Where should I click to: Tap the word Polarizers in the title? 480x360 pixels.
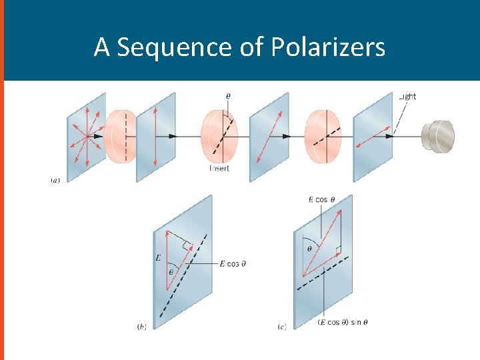pyautogui.click(x=328, y=48)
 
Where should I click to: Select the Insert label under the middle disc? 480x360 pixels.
pyautogui.click(x=219, y=169)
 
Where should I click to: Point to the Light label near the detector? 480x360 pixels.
pyautogui.click(x=407, y=97)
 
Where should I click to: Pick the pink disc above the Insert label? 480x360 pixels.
pyautogui.click(x=219, y=137)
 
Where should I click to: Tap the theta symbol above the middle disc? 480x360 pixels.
pyautogui.click(x=229, y=96)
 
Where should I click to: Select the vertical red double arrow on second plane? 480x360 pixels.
pyautogui.click(x=155, y=136)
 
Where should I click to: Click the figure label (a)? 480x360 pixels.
pyautogui.click(x=55, y=180)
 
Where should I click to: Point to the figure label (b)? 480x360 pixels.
pyautogui.click(x=141, y=327)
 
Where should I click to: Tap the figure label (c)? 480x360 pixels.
pyautogui.click(x=282, y=327)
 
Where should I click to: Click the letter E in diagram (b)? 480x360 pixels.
pyautogui.click(x=159, y=257)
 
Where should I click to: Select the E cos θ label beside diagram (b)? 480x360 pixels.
pyautogui.click(x=233, y=264)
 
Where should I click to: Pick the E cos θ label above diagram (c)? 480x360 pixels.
pyautogui.click(x=322, y=199)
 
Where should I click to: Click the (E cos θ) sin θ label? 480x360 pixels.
pyautogui.click(x=343, y=323)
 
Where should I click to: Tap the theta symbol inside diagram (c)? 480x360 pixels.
pyautogui.click(x=309, y=248)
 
